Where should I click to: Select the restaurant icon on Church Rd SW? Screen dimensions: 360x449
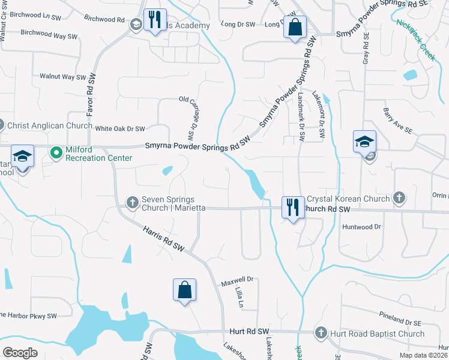(292, 208)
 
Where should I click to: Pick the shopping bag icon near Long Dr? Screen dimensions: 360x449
(295, 27)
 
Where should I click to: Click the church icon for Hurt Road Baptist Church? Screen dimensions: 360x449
(321, 333)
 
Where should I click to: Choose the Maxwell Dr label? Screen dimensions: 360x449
(238, 280)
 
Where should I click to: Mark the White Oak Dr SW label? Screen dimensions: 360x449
(120, 128)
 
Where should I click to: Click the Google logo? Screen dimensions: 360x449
(20, 353)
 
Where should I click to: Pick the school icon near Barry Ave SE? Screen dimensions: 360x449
(364, 142)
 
